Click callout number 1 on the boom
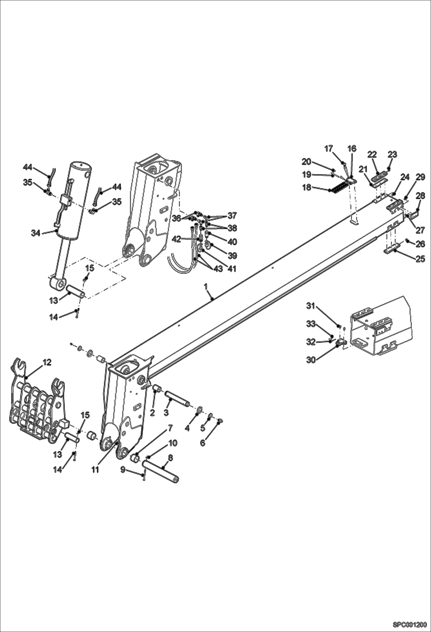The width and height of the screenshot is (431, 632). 206,287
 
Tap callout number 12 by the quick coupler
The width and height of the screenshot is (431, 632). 47,362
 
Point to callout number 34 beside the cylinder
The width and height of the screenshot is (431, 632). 36,233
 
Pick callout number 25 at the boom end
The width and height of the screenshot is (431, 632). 420,259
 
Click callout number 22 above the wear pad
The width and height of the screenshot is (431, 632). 372,154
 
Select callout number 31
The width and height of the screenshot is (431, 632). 310,306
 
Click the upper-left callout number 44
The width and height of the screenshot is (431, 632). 28,167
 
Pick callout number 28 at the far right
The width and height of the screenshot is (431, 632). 420,196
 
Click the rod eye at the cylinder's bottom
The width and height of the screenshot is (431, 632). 57,284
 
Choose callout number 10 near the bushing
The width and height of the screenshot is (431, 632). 173,443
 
